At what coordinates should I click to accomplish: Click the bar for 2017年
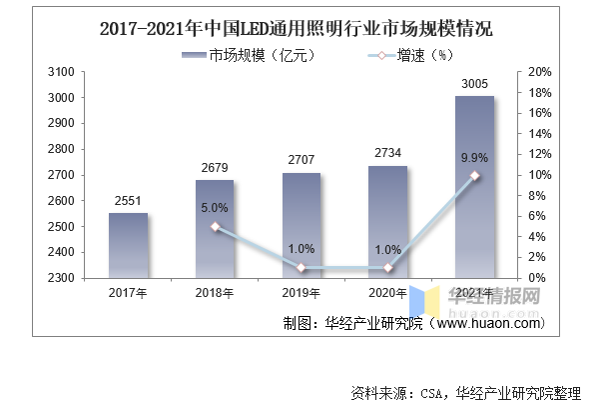pyautogui.click(x=128, y=245)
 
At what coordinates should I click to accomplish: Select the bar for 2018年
pyautogui.click(x=214, y=229)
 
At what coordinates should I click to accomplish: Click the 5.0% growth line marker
pyautogui.click(x=215, y=227)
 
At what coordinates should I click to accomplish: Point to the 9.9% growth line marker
pyautogui.click(x=474, y=176)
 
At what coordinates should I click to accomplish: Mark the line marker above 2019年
pyautogui.click(x=301, y=268)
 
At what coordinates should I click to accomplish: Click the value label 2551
pyautogui.click(x=128, y=200)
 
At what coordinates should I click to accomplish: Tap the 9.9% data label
pyautogui.click(x=474, y=157)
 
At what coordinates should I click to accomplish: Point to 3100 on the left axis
pyautogui.click(x=61, y=73)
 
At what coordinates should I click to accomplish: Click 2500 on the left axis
pyautogui.click(x=61, y=227)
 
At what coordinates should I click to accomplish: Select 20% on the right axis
pyautogui.click(x=539, y=73)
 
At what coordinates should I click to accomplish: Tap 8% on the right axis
pyautogui.click(x=536, y=196)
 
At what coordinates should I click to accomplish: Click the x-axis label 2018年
pyautogui.click(x=214, y=293)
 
